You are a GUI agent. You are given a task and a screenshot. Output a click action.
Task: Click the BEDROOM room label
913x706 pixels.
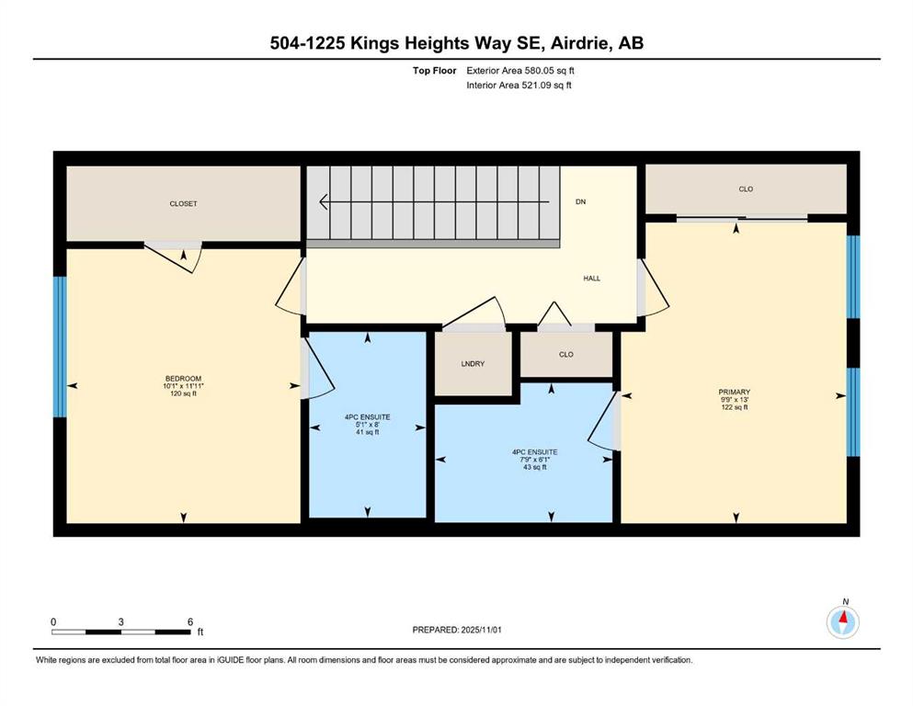click(x=183, y=379)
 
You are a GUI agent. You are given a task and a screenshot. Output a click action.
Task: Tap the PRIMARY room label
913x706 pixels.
click(x=735, y=393)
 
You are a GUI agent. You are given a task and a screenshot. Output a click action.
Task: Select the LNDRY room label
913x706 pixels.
click(x=473, y=364)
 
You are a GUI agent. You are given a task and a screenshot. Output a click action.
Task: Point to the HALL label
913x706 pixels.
click(x=591, y=279)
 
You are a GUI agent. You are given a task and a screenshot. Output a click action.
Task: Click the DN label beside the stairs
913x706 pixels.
click(x=580, y=202)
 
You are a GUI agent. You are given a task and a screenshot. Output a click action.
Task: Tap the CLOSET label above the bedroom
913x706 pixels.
click(x=183, y=204)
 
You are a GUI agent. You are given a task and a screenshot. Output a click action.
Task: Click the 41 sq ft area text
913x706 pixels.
click(x=368, y=432)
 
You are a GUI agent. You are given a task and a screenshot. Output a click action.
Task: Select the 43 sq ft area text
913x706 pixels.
click(x=535, y=467)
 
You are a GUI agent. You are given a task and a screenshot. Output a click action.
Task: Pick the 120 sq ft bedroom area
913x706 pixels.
click(x=183, y=393)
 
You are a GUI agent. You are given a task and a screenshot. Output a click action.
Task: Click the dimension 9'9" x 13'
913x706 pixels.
click(x=735, y=400)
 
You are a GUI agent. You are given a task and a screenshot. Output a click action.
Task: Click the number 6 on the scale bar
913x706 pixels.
click(x=189, y=621)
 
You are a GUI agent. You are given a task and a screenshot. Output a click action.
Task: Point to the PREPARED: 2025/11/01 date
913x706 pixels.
click(x=456, y=630)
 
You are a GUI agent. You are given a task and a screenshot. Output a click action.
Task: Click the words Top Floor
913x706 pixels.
click(x=434, y=71)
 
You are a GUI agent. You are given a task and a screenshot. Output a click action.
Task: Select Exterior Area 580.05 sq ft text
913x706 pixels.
click(x=520, y=71)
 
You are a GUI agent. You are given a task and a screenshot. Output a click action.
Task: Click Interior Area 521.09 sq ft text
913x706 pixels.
click(x=519, y=85)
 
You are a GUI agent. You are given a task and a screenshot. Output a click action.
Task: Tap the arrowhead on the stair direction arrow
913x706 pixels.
click(x=323, y=202)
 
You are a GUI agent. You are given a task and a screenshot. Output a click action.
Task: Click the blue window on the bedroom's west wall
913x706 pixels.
click(x=60, y=347)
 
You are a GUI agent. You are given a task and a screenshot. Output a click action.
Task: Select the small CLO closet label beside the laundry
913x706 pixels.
click(x=566, y=355)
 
